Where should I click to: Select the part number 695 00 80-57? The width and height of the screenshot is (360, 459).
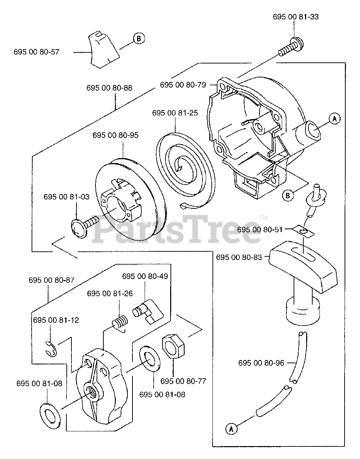click(x=36, y=52)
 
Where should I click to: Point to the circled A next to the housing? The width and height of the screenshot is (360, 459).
click(x=334, y=118)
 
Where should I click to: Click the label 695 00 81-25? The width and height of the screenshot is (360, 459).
click(x=175, y=113)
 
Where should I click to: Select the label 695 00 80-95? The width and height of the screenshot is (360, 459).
click(x=115, y=135)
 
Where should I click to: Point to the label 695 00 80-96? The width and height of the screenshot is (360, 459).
click(x=261, y=363)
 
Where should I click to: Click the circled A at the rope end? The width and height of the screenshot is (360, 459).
click(x=232, y=428)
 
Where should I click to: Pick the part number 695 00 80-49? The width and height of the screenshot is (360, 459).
click(x=145, y=276)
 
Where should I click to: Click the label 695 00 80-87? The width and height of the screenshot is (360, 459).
click(x=52, y=280)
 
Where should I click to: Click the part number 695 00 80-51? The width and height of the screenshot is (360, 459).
click(x=260, y=229)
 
